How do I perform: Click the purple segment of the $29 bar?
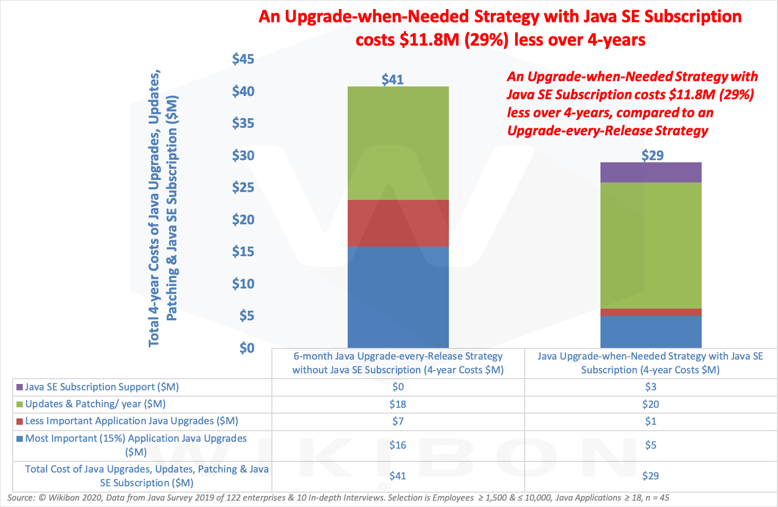(651, 172)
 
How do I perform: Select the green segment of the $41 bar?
(398, 143)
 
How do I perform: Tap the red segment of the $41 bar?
(398, 223)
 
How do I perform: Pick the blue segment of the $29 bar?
(651, 331)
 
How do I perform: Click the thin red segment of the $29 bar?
(651, 312)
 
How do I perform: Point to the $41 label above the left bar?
(393, 80)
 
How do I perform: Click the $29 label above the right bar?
(652, 155)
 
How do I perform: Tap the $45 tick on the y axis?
(243, 59)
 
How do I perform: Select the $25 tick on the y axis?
(243, 187)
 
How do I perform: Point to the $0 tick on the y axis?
(246, 348)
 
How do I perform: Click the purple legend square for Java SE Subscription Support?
(20, 387)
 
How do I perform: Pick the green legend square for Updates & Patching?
(20, 404)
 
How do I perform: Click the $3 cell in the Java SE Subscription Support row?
(651, 387)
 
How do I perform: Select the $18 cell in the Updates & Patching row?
(398, 404)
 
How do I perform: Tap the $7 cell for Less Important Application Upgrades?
(398, 421)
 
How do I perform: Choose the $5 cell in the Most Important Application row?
(651, 445)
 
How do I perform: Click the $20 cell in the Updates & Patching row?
(651, 404)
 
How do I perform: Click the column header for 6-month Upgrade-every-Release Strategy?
(398, 363)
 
